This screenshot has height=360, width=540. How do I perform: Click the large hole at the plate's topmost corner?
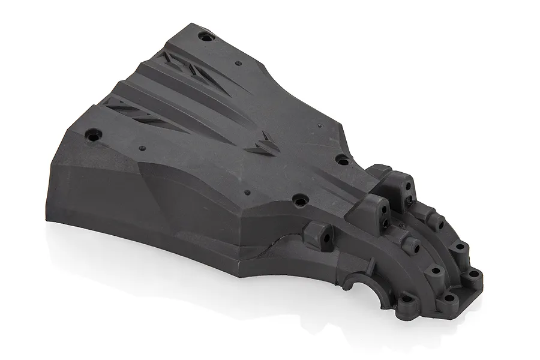pyautogui.click(x=206, y=37)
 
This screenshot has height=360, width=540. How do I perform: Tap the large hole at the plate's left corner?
pyautogui.click(x=92, y=135)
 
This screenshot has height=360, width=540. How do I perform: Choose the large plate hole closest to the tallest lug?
pyautogui.click(x=343, y=160)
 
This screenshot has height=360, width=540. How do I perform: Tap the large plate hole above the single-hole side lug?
pyautogui.click(x=299, y=198)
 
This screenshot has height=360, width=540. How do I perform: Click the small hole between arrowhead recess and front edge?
pyautogui.click(x=247, y=193)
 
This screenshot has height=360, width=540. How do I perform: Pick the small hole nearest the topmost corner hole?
pyautogui.click(x=238, y=62)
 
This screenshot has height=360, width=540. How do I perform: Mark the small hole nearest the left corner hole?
pyautogui.click(x=142, y=148)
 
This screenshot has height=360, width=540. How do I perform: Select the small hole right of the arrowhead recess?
pyautogui.click(x=320, y=127)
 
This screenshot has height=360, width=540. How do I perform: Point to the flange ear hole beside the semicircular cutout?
pyautogui.click(x=407, y=299)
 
